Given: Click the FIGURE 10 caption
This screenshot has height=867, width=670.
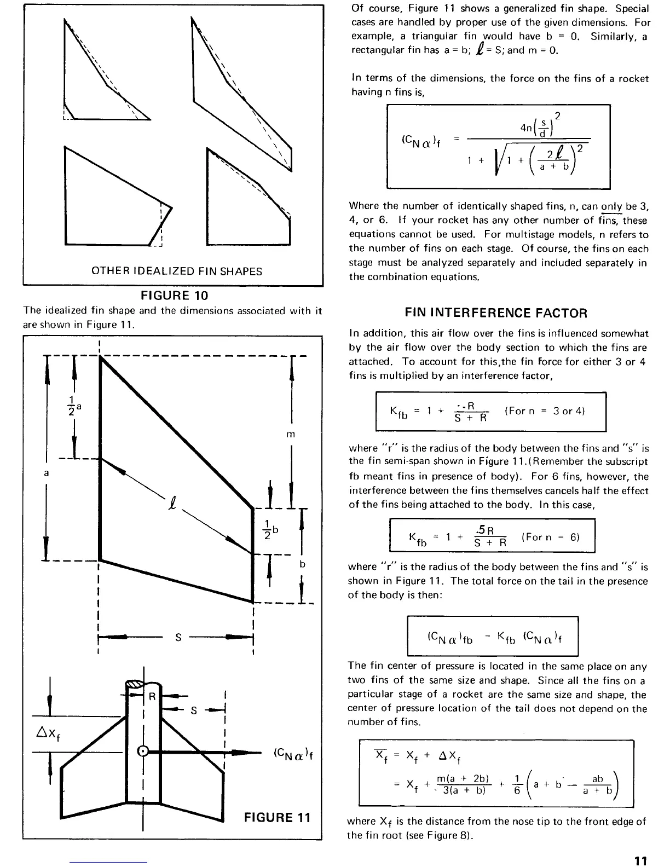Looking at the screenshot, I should pyautogui.click(x=175, y=296).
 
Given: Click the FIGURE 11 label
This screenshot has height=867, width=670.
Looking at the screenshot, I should pyautogui.click(x=277, y=818).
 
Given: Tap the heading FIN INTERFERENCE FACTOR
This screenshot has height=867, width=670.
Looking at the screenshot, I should pyautogui.click(x=496, y=313).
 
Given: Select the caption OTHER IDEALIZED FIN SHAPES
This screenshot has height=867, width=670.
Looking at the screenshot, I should pyautogui.click(x=176, y=271).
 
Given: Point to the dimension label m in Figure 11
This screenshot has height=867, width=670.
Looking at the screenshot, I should pyautogui.click(x=291, y=434).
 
